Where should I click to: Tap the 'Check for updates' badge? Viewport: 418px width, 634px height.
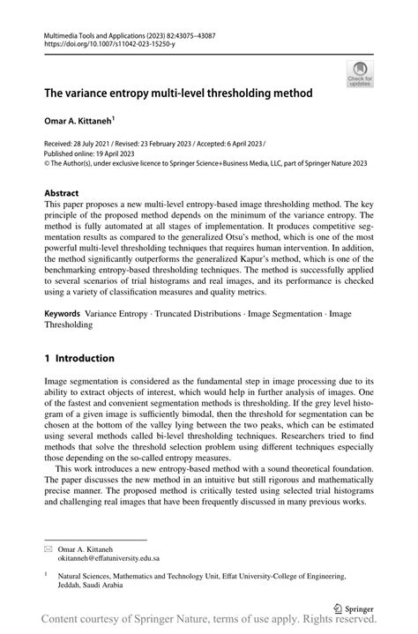[360, 74]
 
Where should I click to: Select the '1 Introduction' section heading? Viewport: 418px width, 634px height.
[79, 359]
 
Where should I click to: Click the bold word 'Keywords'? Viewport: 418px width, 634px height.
[62, 313]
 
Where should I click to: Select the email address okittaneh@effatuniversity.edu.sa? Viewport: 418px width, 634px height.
[108, 558]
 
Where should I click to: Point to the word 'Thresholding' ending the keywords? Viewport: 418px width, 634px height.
[69, 324]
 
